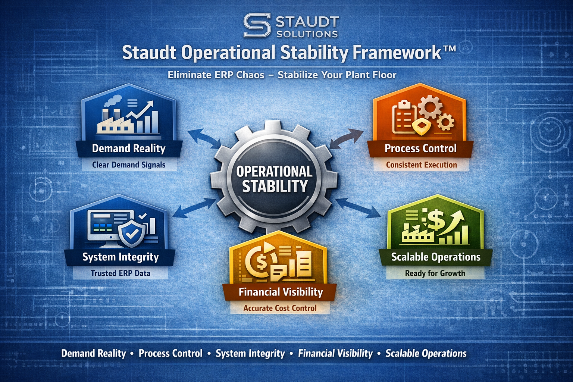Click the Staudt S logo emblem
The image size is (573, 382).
(x=257, y=25)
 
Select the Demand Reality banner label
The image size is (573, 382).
(x=129, y=148)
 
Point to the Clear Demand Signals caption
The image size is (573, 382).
(x=129, y=165)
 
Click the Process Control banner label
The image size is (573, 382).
(x=420, y=148)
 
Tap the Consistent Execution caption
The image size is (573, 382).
(x=421, y=165)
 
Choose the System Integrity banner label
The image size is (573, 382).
(x=120, y=257)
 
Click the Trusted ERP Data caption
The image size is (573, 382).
(x=120, y=273)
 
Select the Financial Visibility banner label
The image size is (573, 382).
(x=281, y=292)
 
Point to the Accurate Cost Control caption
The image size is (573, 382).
(x=280, y=308)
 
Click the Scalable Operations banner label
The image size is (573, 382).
(x=436, y=257)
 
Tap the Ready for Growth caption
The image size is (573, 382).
(x=435, y=273)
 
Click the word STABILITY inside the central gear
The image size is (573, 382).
(x=275, y=186)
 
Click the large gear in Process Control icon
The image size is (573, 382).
(x=430, y=107)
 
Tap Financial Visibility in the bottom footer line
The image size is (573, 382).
(x=335, y=353)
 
